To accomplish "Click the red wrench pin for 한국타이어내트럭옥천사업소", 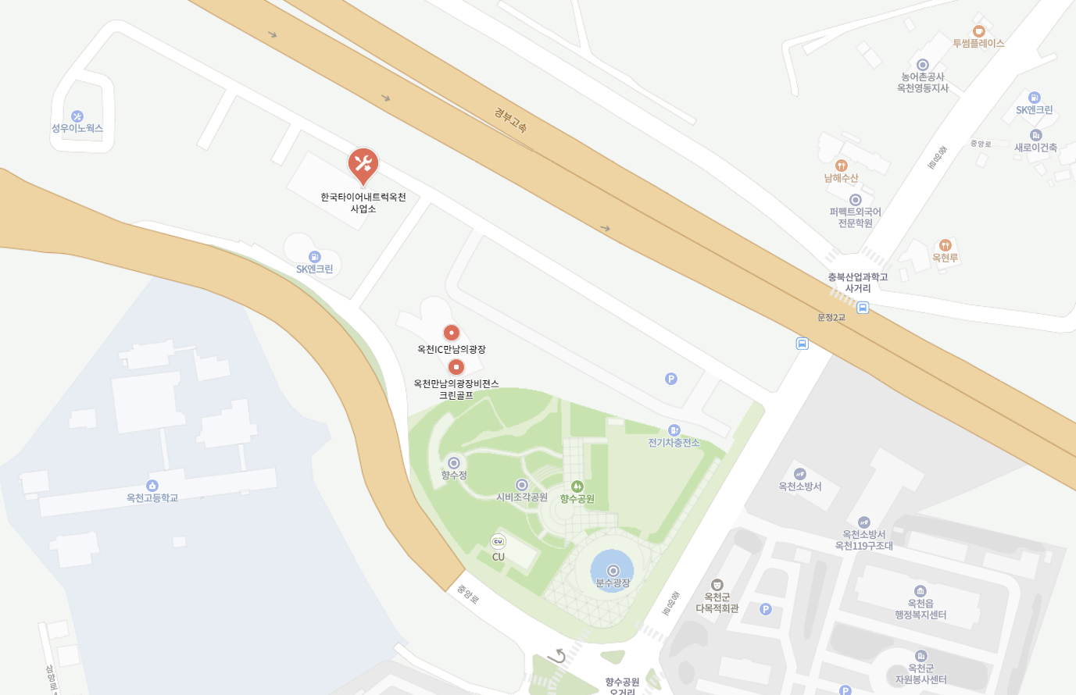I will pos(363,164).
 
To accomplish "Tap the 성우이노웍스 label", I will pos(77,128).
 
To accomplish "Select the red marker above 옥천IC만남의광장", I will pos(451,333).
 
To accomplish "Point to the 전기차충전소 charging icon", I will pos(674,430).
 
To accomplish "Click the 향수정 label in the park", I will pos(453,475).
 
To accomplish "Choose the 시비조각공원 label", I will pos(522,497).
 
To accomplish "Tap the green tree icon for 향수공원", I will pos(577,486).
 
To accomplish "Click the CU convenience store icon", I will pos(498,541).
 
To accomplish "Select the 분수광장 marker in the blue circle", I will pos(613,571).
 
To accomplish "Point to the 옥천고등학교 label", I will pos(152,497).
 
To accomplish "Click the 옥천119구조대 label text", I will pos(863,546).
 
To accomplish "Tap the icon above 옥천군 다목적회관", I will pos(717,585).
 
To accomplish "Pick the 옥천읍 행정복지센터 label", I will pos(920,609).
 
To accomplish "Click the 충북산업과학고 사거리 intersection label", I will pos(858,283).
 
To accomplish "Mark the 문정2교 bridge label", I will pos(831,317).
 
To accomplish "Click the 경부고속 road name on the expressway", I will pos(511,119).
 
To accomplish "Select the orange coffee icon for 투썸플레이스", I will pos(978,31).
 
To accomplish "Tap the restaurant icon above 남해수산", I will pos(841,166).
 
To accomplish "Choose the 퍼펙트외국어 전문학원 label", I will pos(855,217).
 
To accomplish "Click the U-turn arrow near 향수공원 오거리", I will pos(557,656).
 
